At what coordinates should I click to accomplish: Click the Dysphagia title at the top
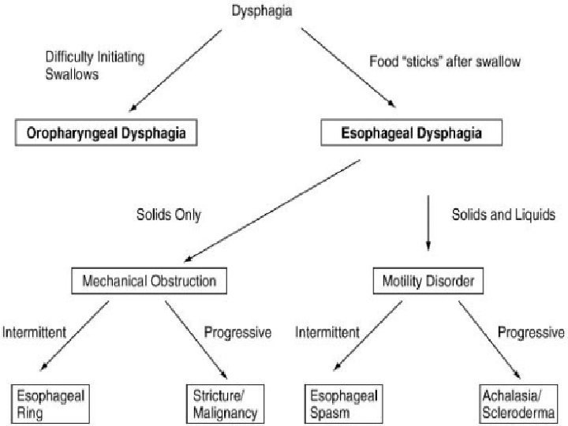tap(260, 10)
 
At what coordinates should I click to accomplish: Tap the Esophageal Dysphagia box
tap(412, 133)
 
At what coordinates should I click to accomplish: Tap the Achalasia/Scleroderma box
tap(521, 403)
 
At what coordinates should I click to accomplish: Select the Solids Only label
tap(170, 215)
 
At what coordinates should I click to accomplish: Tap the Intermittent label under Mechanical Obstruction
tap(34, 332)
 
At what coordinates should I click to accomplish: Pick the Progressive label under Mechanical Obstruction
tap(237, 332)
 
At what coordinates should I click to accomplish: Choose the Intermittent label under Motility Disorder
tap(327, 332)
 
